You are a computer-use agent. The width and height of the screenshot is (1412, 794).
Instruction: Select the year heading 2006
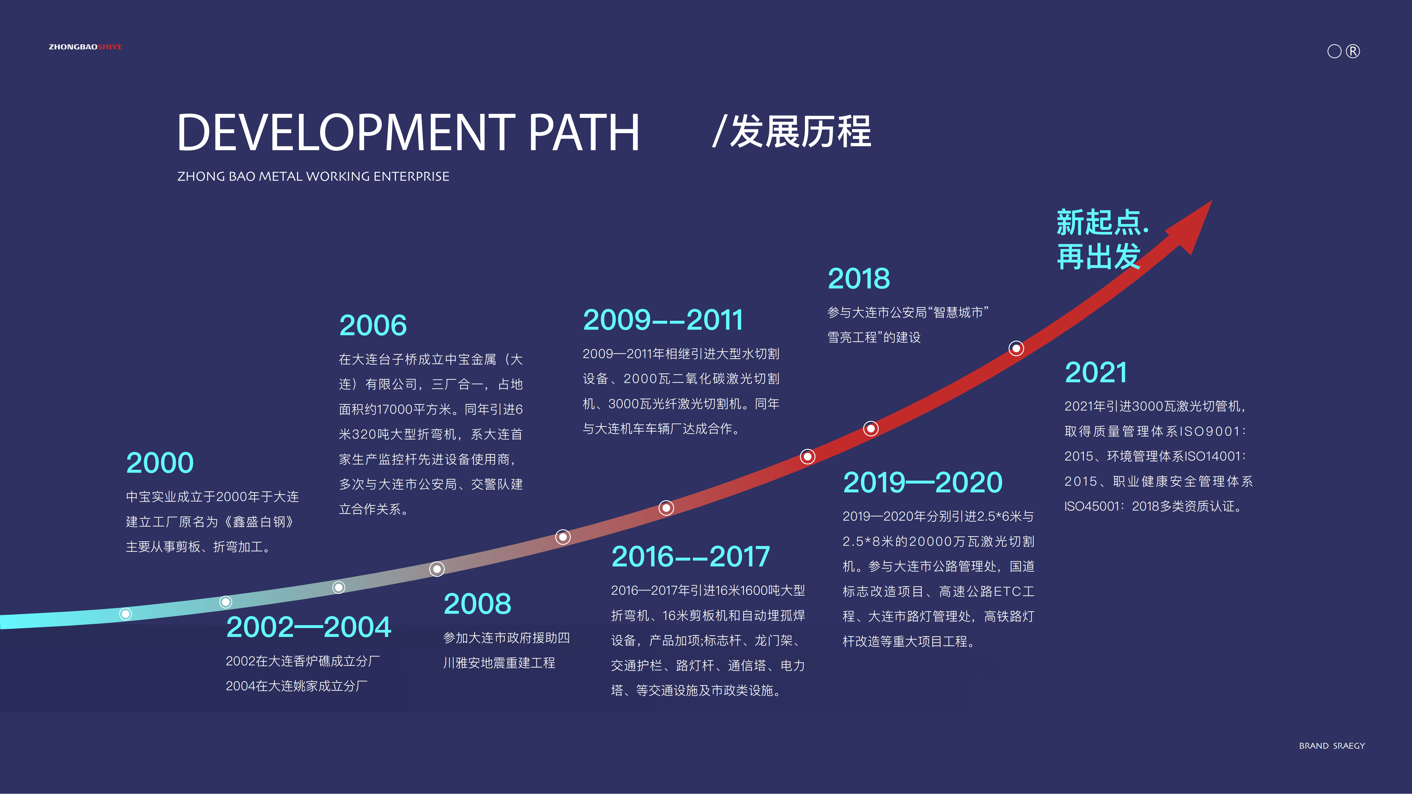click(373, 326)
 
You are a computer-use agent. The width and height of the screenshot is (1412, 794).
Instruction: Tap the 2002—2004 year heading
click(309, 628)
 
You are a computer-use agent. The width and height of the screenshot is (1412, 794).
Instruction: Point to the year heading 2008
click(477, 604)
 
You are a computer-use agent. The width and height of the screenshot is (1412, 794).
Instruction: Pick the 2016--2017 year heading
click(690, 557)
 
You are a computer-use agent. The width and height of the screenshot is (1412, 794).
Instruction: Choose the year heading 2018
click(858, 279)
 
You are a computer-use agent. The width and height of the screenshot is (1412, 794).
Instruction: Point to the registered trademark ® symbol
click(1353, 52)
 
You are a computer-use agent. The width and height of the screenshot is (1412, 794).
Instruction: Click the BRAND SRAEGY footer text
click(1332, 746)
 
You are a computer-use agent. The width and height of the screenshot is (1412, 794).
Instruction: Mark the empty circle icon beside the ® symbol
click(1334, 52)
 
